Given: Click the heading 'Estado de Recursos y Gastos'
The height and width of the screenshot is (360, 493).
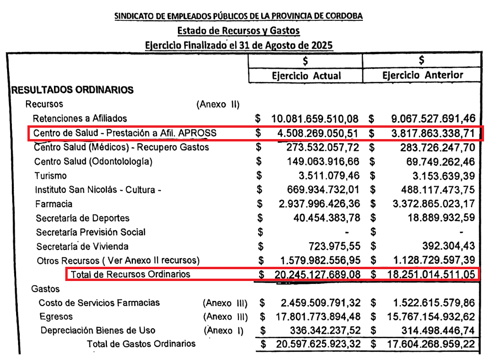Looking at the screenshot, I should point(238,31).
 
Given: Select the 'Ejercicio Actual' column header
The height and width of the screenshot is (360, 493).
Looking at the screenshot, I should point(306,76).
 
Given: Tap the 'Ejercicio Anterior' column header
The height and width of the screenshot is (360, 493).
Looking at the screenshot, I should point(423,75).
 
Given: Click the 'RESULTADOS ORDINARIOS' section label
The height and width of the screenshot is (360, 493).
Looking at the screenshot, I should point(72,90).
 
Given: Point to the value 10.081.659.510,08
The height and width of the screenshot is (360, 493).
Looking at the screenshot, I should point(315,118).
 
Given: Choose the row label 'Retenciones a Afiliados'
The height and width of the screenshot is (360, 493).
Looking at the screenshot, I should point(80,118).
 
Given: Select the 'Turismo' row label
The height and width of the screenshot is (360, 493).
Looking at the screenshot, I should point(51,176).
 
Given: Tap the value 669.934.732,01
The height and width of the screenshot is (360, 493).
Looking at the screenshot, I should point(323,190).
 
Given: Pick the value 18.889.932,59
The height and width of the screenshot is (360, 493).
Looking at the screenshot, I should point(440,219).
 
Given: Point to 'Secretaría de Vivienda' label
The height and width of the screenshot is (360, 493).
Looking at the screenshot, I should point(82,246).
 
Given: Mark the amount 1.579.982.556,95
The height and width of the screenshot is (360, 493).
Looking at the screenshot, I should point(319,261).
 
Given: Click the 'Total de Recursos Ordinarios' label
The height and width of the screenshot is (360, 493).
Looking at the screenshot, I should point(130,274).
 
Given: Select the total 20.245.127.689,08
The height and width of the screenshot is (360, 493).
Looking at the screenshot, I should point(316,274).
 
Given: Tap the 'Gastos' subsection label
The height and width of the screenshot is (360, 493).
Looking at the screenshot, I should point(45,288).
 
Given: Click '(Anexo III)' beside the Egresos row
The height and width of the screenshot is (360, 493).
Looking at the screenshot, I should point(225,316).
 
